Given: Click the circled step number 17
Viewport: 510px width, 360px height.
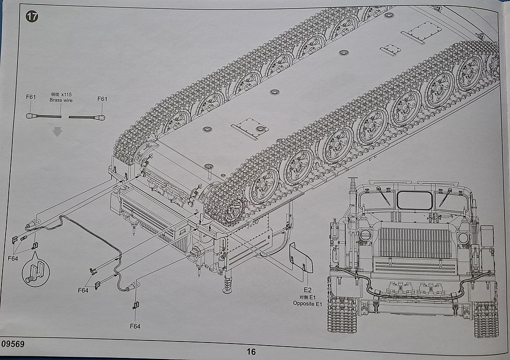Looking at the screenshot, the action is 32,16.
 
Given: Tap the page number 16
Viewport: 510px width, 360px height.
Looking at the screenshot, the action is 251,352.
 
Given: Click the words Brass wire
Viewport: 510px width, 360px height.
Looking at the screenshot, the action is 61,100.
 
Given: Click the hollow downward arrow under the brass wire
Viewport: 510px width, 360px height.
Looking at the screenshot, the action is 58,132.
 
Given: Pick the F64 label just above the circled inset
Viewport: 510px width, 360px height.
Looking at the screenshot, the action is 13,258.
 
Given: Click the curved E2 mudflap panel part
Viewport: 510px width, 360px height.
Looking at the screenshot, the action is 301,257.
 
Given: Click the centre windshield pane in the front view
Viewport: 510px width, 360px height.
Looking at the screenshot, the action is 414,201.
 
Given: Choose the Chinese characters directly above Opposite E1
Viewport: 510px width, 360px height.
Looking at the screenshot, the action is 301,297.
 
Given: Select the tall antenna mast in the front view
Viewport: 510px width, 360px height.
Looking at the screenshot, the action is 353,206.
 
